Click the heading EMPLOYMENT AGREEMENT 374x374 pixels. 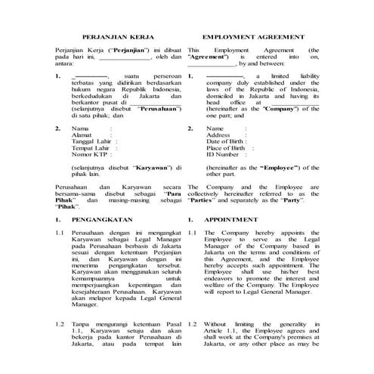pyautogui.click(x=254, y=36)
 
